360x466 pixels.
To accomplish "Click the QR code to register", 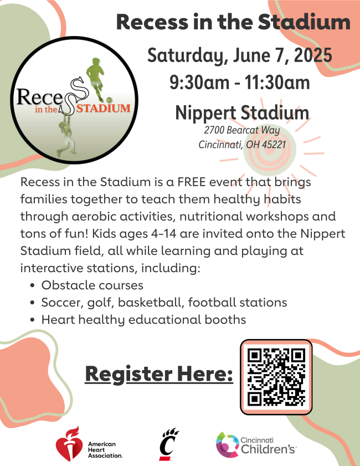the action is click(276, 377).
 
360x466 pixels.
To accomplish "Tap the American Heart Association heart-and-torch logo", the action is click(69, 443).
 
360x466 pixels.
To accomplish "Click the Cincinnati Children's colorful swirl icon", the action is click(227, 444).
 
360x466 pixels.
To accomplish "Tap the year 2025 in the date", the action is click(313, 55).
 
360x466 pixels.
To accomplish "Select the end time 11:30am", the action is click(277, 83).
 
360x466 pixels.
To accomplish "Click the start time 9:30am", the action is click(199, 83).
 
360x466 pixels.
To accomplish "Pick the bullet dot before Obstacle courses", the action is click(33, 285).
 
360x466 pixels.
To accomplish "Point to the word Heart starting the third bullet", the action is click(58, 320).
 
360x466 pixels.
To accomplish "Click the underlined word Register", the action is click(128, 375).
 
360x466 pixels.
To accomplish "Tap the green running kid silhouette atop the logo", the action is click(96, 79).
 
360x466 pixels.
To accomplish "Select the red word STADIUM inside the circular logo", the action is click(104, 108).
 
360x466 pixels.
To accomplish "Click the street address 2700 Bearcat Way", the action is click(242, 130).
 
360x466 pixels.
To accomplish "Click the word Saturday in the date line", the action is click(188, 56).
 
